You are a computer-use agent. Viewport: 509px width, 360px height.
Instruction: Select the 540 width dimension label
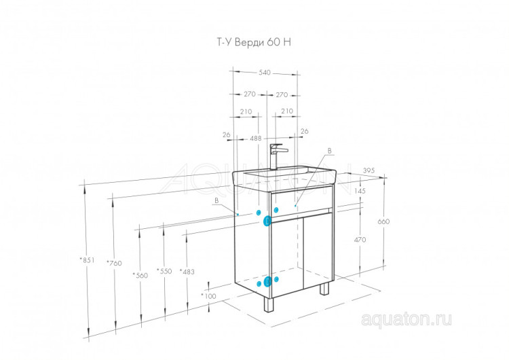[x=265, y=72]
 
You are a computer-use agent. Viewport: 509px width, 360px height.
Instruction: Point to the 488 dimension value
[x=256, y=139]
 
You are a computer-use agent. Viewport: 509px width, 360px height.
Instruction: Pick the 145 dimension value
[x=359, y=192]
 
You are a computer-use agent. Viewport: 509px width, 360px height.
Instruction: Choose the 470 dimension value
[x=359, y=240]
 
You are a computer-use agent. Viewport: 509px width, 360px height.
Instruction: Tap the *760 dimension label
[x=114, y=264]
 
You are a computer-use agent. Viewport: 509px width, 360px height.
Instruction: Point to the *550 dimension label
[x=164, y=271]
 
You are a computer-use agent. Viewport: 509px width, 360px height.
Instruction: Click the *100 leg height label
[x=209, y=296]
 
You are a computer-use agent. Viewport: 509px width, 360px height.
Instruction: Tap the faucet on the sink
[x=276, y=156]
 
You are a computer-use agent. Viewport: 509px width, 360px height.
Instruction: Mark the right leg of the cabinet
[x=324, y=288]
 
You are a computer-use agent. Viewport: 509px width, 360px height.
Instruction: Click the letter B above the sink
[x=329, y=150]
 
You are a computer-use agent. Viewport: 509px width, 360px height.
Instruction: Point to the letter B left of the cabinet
[x=216, y=201]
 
